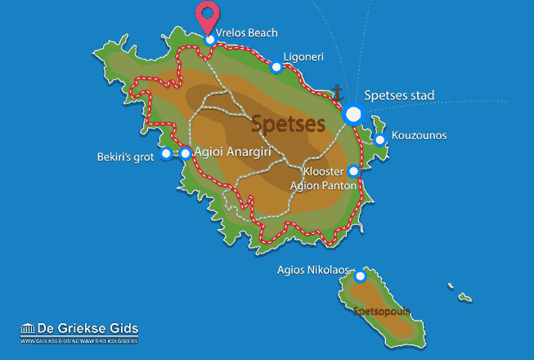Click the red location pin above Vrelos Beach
pyautogui.click(x=210, y=16)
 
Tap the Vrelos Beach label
pyautogui.click(x=247, y=33)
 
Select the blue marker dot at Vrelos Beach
pyautogui.click(x=210, y=39)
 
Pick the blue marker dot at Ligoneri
pyautogui.click(x=276, y=67)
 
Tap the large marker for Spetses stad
pyautogui.click(x=353, y=115)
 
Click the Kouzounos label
pyautogui.click(x=419, y=135)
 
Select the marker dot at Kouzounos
pyautogui.click(x=379, y=140)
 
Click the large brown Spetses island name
pyautogui.click(x=288, y=124)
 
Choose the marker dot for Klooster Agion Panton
pyautogui.click(x=353, y=172)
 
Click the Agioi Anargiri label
pyautogui.click(x=238, y=152)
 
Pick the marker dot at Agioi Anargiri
pyautogui.click(x=186, y=153)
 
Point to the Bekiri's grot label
pyautogui.click(x=125, y=155)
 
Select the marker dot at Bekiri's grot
pyautogui.click(x=166, y=153)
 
